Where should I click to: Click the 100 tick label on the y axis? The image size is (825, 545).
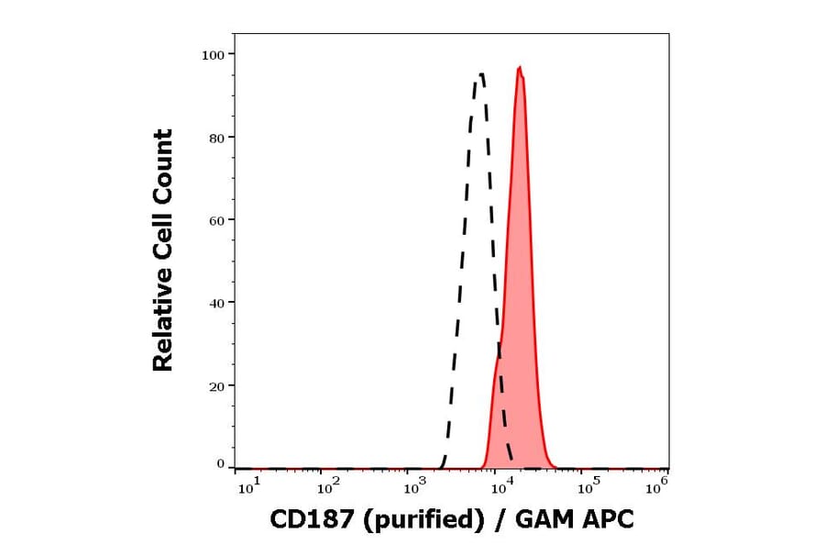(213, 55)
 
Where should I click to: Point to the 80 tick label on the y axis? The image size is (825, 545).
(215, 138)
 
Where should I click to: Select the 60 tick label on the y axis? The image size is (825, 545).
(215, 220)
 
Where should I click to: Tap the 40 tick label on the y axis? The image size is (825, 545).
(215, 303)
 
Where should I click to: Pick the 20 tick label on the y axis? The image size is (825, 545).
(215, 386)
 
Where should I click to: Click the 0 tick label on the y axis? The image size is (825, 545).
(220, 464)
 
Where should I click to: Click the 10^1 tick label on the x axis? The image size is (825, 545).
(248, 487)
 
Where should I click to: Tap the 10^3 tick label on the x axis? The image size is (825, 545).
(415, 487)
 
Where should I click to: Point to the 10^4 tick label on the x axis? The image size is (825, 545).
(499, 487)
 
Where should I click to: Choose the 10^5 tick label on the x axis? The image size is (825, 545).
(584, 487)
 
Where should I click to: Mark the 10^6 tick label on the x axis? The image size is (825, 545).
(656, 487)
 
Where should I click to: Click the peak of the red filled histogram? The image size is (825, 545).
(520, 67)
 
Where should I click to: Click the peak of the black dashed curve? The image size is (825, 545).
(479, 74)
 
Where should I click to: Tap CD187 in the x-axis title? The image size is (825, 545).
(303, 520)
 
